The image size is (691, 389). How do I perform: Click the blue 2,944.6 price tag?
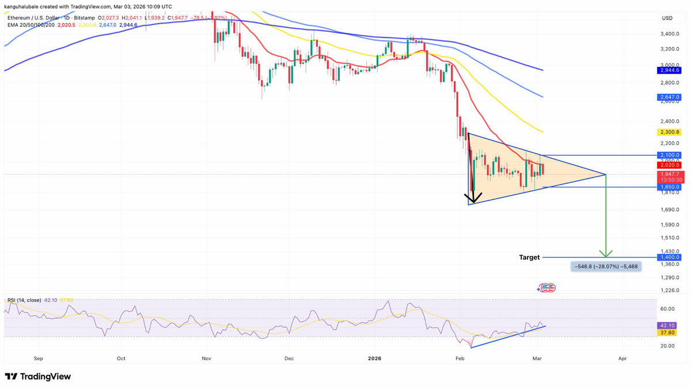669,70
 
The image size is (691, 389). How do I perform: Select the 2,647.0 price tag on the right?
669,97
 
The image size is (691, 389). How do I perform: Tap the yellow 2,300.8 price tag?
669,132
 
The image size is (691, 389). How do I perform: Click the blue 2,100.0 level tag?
669,155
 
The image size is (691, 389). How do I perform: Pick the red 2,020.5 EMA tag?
669,165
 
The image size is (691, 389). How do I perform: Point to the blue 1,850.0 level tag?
669,187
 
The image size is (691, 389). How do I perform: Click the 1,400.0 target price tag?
669,257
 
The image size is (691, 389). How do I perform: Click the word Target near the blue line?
529,257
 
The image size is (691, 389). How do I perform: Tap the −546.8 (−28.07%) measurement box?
606,266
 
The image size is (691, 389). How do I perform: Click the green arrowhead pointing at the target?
606,254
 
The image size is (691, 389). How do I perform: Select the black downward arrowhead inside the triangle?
473,199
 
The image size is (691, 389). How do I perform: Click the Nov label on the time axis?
207,358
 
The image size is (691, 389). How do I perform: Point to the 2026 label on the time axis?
374,358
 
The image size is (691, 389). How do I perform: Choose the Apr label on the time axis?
622,358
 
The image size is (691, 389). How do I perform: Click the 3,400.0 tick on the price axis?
670,34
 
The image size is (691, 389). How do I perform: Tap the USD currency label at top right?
667,18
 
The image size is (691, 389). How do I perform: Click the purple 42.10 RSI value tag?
669,326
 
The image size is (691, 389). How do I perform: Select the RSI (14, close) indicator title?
24,300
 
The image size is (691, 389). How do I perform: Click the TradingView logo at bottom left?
38,376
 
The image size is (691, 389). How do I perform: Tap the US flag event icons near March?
546,288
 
